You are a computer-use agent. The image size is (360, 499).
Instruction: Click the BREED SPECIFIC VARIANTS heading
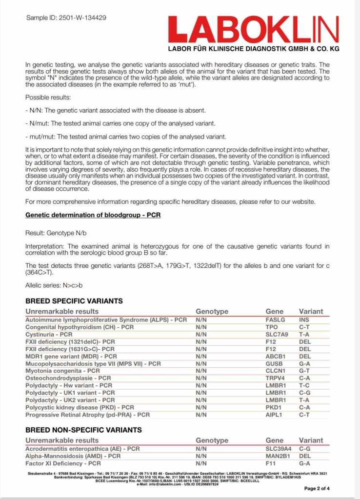74,301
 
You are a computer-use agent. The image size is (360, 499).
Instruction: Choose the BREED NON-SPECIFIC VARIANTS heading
83,430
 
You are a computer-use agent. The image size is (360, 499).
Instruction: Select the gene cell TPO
271,327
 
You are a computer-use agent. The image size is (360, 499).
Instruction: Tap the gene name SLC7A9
276,335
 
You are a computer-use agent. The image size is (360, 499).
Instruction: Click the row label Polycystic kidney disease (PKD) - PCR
80,407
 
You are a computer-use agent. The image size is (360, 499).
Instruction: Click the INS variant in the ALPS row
304,320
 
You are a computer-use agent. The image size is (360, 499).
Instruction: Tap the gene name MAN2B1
277,456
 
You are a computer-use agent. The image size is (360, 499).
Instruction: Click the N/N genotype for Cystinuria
201,335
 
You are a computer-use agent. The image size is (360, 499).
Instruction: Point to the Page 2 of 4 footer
317,488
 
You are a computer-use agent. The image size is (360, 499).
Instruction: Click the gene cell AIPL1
274,415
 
